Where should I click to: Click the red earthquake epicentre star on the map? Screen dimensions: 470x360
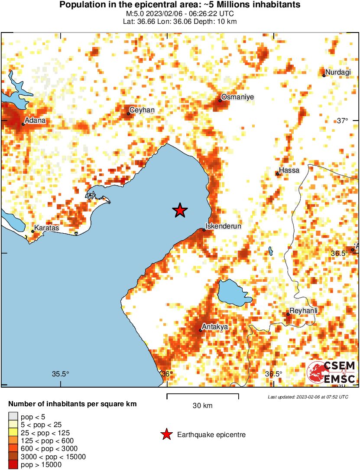[x=180, y=210]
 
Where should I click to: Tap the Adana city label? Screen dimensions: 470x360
[x=36, y=120]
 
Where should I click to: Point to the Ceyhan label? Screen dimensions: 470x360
[x=142, y=111]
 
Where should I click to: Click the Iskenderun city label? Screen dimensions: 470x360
[x=223, y=226]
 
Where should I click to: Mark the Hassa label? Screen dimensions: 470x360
[x=289, y=170]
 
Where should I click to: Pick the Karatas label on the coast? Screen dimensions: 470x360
[x=46, y=228]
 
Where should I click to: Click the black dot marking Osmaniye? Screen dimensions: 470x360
[x=220, y=101]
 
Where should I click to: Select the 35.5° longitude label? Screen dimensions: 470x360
[x=61, y=374]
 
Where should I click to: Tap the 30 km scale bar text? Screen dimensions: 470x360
[x=202, y=406]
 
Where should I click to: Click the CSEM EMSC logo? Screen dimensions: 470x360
[x=331, y=372]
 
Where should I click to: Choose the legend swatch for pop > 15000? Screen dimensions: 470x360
[x=13, y=464]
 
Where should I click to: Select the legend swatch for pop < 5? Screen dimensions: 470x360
[x=13, y=417]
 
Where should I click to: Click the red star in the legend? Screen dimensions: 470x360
[x=166, y=434]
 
